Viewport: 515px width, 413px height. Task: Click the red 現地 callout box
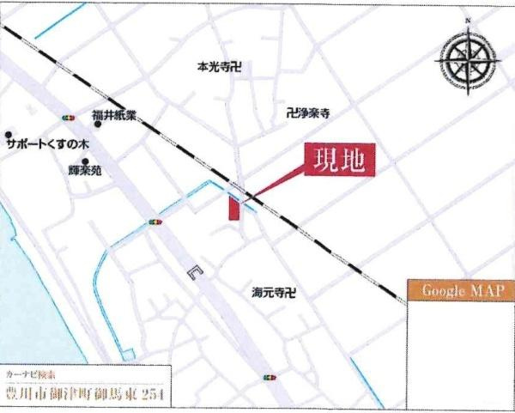pos(341,161)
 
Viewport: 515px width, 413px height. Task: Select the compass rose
pos(469,61)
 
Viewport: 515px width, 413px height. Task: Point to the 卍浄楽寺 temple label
pos(309,112)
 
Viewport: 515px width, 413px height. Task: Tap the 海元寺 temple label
pos(274,292)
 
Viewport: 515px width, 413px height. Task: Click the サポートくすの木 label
pos(48,146)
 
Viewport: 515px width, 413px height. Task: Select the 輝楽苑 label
pos(85,170)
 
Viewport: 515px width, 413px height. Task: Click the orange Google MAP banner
pos(461,290)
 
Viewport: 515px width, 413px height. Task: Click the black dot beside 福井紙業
pos(98,125)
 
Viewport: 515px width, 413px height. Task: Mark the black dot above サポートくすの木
pos(9,135)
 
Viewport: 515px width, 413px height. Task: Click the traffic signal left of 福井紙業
pos(68,117)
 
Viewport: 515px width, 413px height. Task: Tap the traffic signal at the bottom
pos(270,377)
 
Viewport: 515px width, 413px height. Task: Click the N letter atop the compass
pos(469,20)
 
